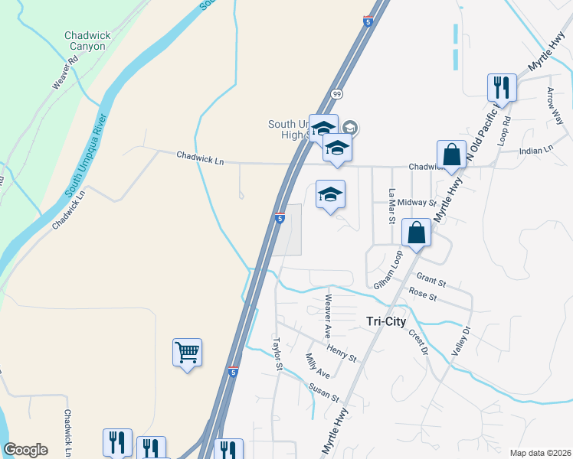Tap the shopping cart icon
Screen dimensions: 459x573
pos(187,353)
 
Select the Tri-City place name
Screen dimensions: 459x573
pos(383,322)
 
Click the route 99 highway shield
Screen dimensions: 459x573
pos(336,93)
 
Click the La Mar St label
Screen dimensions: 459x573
pos(391,207)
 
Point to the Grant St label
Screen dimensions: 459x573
pos(431,280)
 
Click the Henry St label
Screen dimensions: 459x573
pos(342,353)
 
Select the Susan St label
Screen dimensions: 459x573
pos(324,392)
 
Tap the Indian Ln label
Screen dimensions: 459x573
pos(536,151)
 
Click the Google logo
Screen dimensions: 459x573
pos(25,450)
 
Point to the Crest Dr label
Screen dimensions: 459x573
pos(418,343)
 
